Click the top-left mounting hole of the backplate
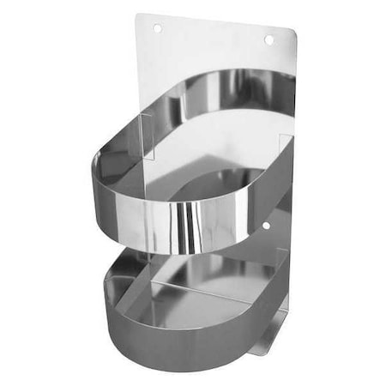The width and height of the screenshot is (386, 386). pyautogui.click(x=157, y=28)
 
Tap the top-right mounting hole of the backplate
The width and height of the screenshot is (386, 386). pyautogui.click(x=268, y=39)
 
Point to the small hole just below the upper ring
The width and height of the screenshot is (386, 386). pyautogui.click(x=266, y=226)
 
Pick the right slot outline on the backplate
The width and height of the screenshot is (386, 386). pyautogui.click(x=281, y=146)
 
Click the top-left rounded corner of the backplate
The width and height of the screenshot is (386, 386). pyautogui.click(x=142, y=17)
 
